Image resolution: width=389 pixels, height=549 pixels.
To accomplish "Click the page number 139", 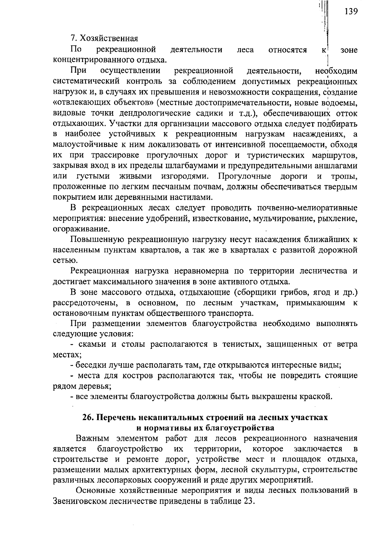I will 351,12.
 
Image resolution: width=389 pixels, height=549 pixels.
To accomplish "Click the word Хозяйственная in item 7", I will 109,39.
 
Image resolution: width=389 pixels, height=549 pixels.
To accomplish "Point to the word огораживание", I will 81,229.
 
